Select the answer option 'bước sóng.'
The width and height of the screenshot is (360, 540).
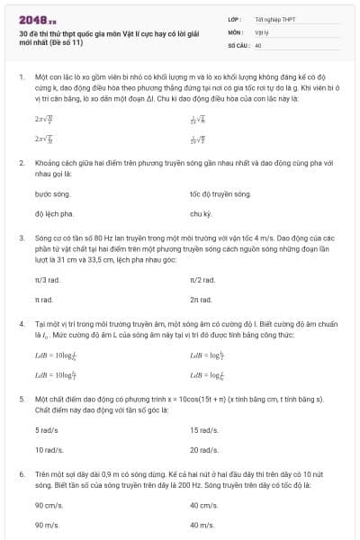[51, 193]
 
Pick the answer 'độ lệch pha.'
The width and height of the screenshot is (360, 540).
[54, 214]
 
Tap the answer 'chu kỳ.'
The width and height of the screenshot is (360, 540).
[201, 214]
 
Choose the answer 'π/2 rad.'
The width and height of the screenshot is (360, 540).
[202, 280]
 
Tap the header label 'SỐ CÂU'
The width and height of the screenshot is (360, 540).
[238, 44]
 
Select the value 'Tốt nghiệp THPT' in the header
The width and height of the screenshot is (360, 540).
[275, 18]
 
